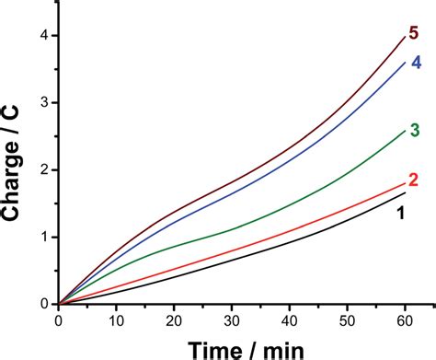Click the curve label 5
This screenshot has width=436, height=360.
[414, 34]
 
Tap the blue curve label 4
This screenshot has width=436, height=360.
[416, 63]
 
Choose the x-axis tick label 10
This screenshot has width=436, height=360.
[116, 319]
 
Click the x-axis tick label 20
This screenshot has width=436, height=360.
[174, 319]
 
